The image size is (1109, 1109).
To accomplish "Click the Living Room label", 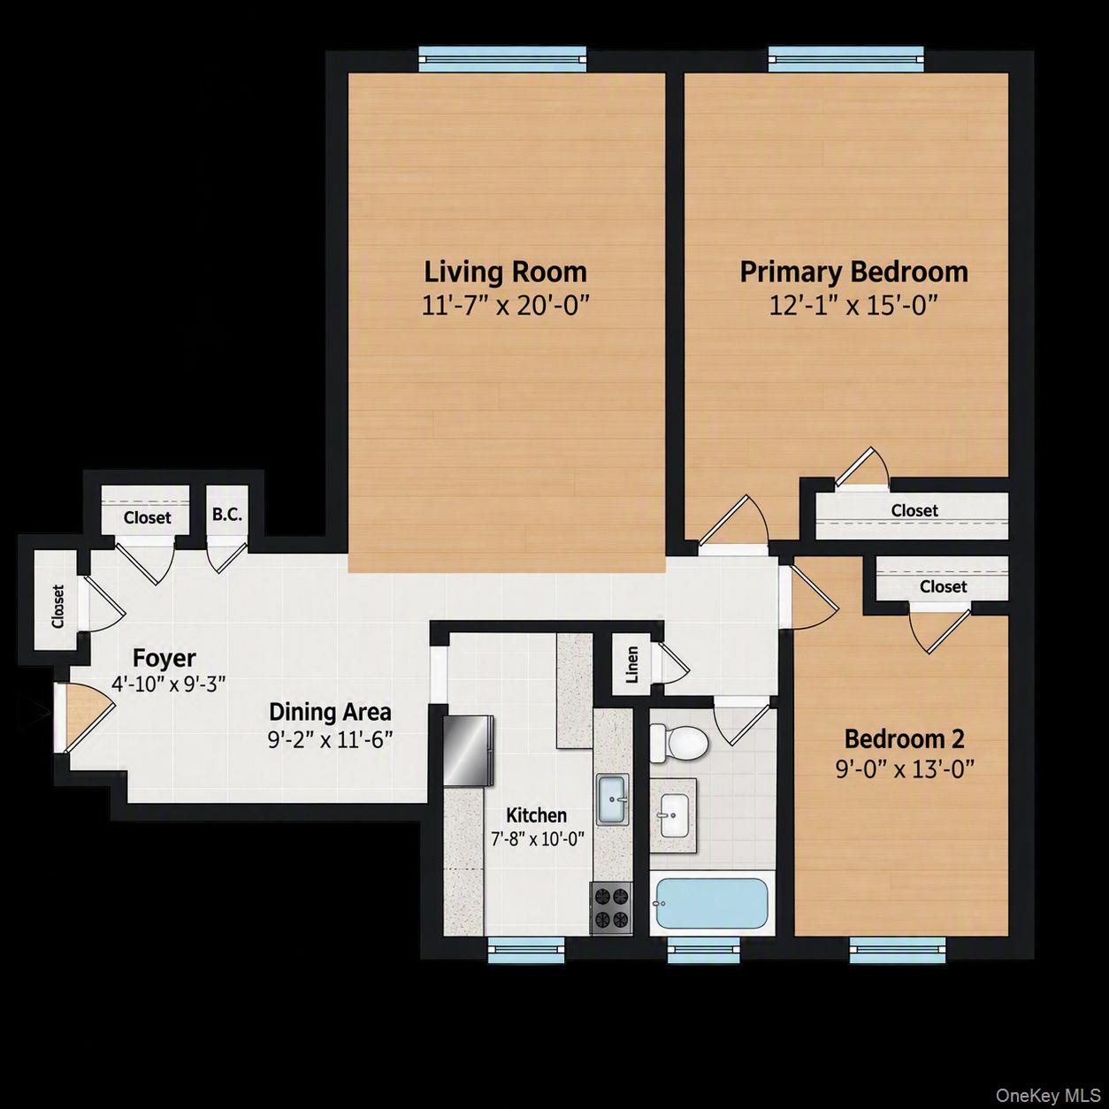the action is pos(505,272).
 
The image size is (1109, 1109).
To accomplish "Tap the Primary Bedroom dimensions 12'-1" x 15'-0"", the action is pos(853,305).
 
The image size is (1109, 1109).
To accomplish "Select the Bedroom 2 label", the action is pos(904,739).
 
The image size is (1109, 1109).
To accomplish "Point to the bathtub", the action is pos(712,902).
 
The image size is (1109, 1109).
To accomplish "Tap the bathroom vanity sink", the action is pos(674,816).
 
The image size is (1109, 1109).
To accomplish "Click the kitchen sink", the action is pos(612,799).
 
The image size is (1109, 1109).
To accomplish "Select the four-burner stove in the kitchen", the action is pos(611,906).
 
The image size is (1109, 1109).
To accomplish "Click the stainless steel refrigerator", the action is pos(469,751).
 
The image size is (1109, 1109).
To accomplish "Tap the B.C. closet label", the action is pos(227,514).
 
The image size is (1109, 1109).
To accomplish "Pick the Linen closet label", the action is pos(632,665).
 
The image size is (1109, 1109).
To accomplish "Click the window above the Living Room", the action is pos(502,59).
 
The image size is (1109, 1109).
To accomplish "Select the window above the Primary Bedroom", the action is pos(846,59).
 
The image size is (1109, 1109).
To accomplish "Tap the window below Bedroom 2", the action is pos(898,950).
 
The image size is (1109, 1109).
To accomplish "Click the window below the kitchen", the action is pos(526,950).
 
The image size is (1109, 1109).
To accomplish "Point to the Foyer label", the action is pos(164,658).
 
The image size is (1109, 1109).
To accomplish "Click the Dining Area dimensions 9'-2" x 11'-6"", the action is pos(331,739).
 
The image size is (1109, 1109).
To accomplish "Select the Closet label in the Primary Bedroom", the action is pos(914,510).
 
